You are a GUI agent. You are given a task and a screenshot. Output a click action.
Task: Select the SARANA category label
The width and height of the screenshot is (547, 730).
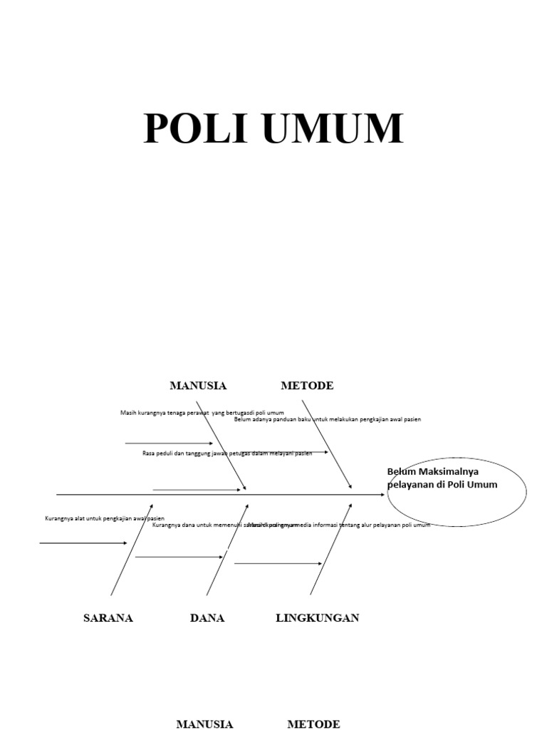point(108,618)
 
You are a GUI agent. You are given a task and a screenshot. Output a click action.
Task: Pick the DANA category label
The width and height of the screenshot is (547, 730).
point(207,618)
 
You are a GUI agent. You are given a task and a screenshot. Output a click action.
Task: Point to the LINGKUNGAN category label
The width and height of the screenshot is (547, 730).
point(317,618)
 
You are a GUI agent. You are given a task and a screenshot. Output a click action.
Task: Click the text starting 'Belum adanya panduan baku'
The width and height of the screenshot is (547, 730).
point(328,419)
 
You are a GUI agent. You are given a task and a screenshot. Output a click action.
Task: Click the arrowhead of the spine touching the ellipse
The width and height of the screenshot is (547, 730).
point(382,494)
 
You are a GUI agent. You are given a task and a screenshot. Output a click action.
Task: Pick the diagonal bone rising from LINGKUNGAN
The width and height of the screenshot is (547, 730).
point(331,550)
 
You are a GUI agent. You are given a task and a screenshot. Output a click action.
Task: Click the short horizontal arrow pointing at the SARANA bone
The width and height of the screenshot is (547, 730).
point(83,543)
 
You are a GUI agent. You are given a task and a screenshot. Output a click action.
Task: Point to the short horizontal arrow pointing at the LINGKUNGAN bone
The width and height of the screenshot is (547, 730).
point(278,564)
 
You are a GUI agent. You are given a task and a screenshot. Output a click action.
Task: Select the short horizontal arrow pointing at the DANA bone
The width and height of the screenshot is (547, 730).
point(178,557)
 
